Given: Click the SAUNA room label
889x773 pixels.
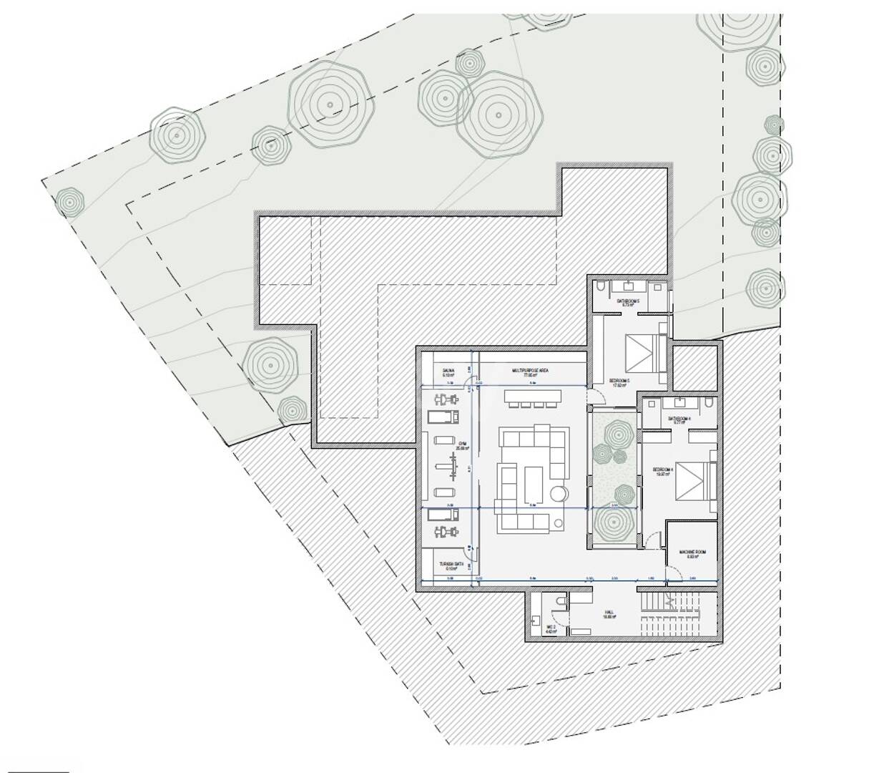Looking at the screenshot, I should (448, 371).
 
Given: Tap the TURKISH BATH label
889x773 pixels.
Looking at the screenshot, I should (448, 565).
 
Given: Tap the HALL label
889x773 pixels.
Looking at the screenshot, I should (609, 613).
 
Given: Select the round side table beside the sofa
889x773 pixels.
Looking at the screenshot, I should (559, 493).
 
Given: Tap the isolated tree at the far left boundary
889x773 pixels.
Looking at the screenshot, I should (69, 203).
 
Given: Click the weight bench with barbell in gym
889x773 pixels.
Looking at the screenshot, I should (452, 465).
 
